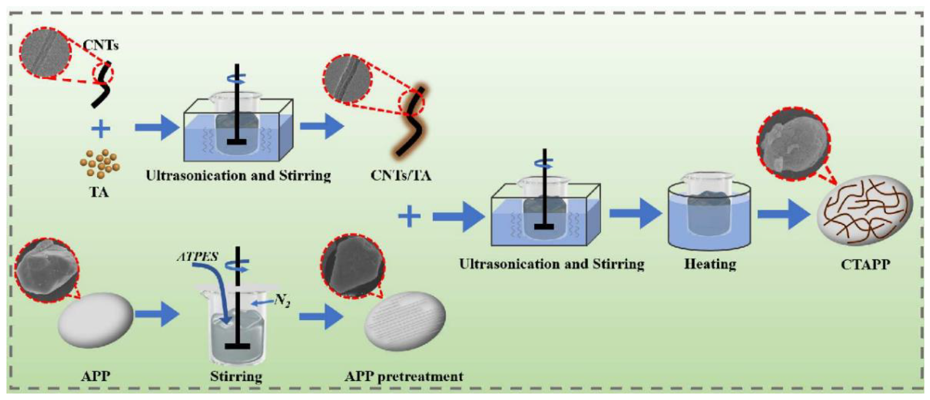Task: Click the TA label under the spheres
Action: tap(99, 192)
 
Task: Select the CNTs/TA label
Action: tap(401, 176)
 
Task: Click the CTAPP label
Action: tap(865, 264)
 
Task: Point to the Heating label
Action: tap(710, 264)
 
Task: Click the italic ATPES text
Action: tap(197, 257)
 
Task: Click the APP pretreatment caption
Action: tap(404, 377)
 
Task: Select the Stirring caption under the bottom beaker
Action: tap(236, 377)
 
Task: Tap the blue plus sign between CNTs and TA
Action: tap(101, 129)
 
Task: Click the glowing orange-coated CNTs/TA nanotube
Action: tap(412, 123)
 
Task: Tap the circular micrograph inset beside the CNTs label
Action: tap(45, 53)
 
